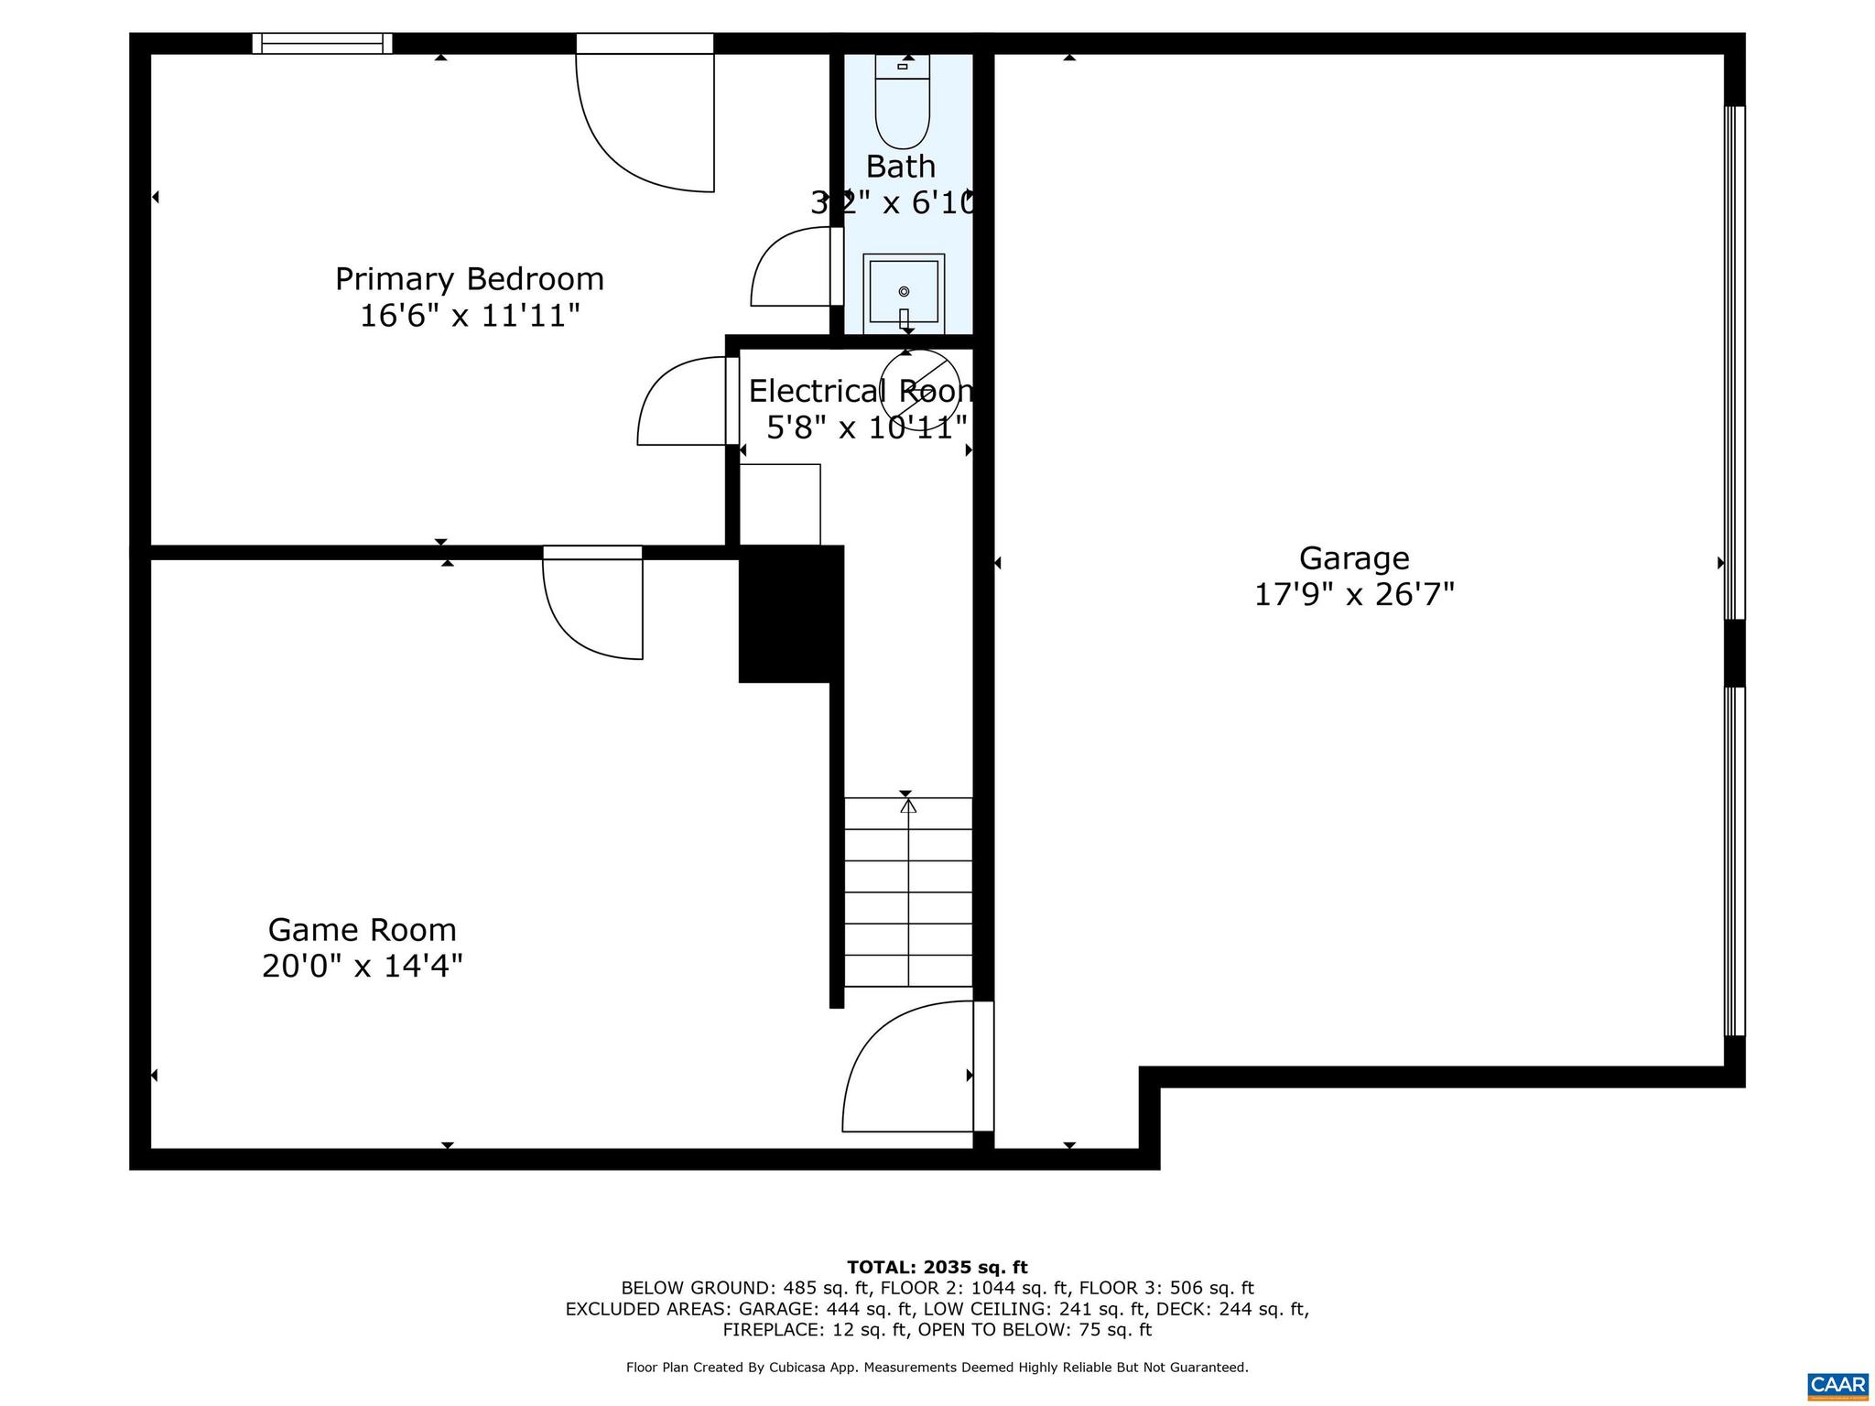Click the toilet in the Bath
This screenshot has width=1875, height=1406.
point(902,103)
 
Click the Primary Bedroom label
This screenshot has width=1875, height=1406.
point(469,279)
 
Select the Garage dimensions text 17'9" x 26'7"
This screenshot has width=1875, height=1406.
point(1353,595)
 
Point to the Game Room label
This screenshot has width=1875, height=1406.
point(362,930)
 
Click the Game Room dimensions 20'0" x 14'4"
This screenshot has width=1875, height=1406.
point(362,966)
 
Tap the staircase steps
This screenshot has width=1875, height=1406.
point(907,892)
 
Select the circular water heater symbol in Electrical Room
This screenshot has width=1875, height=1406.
point(920,390)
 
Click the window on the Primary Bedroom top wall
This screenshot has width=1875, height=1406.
point(321,43)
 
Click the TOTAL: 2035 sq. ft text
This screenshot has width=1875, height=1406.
point(937,1267)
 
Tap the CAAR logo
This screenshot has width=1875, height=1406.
point(1837,1383)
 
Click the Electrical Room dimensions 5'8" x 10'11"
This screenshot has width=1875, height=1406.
point(866,427)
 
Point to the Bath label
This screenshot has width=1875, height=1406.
point(901,167)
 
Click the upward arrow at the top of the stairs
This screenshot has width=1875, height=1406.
point(907,806)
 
